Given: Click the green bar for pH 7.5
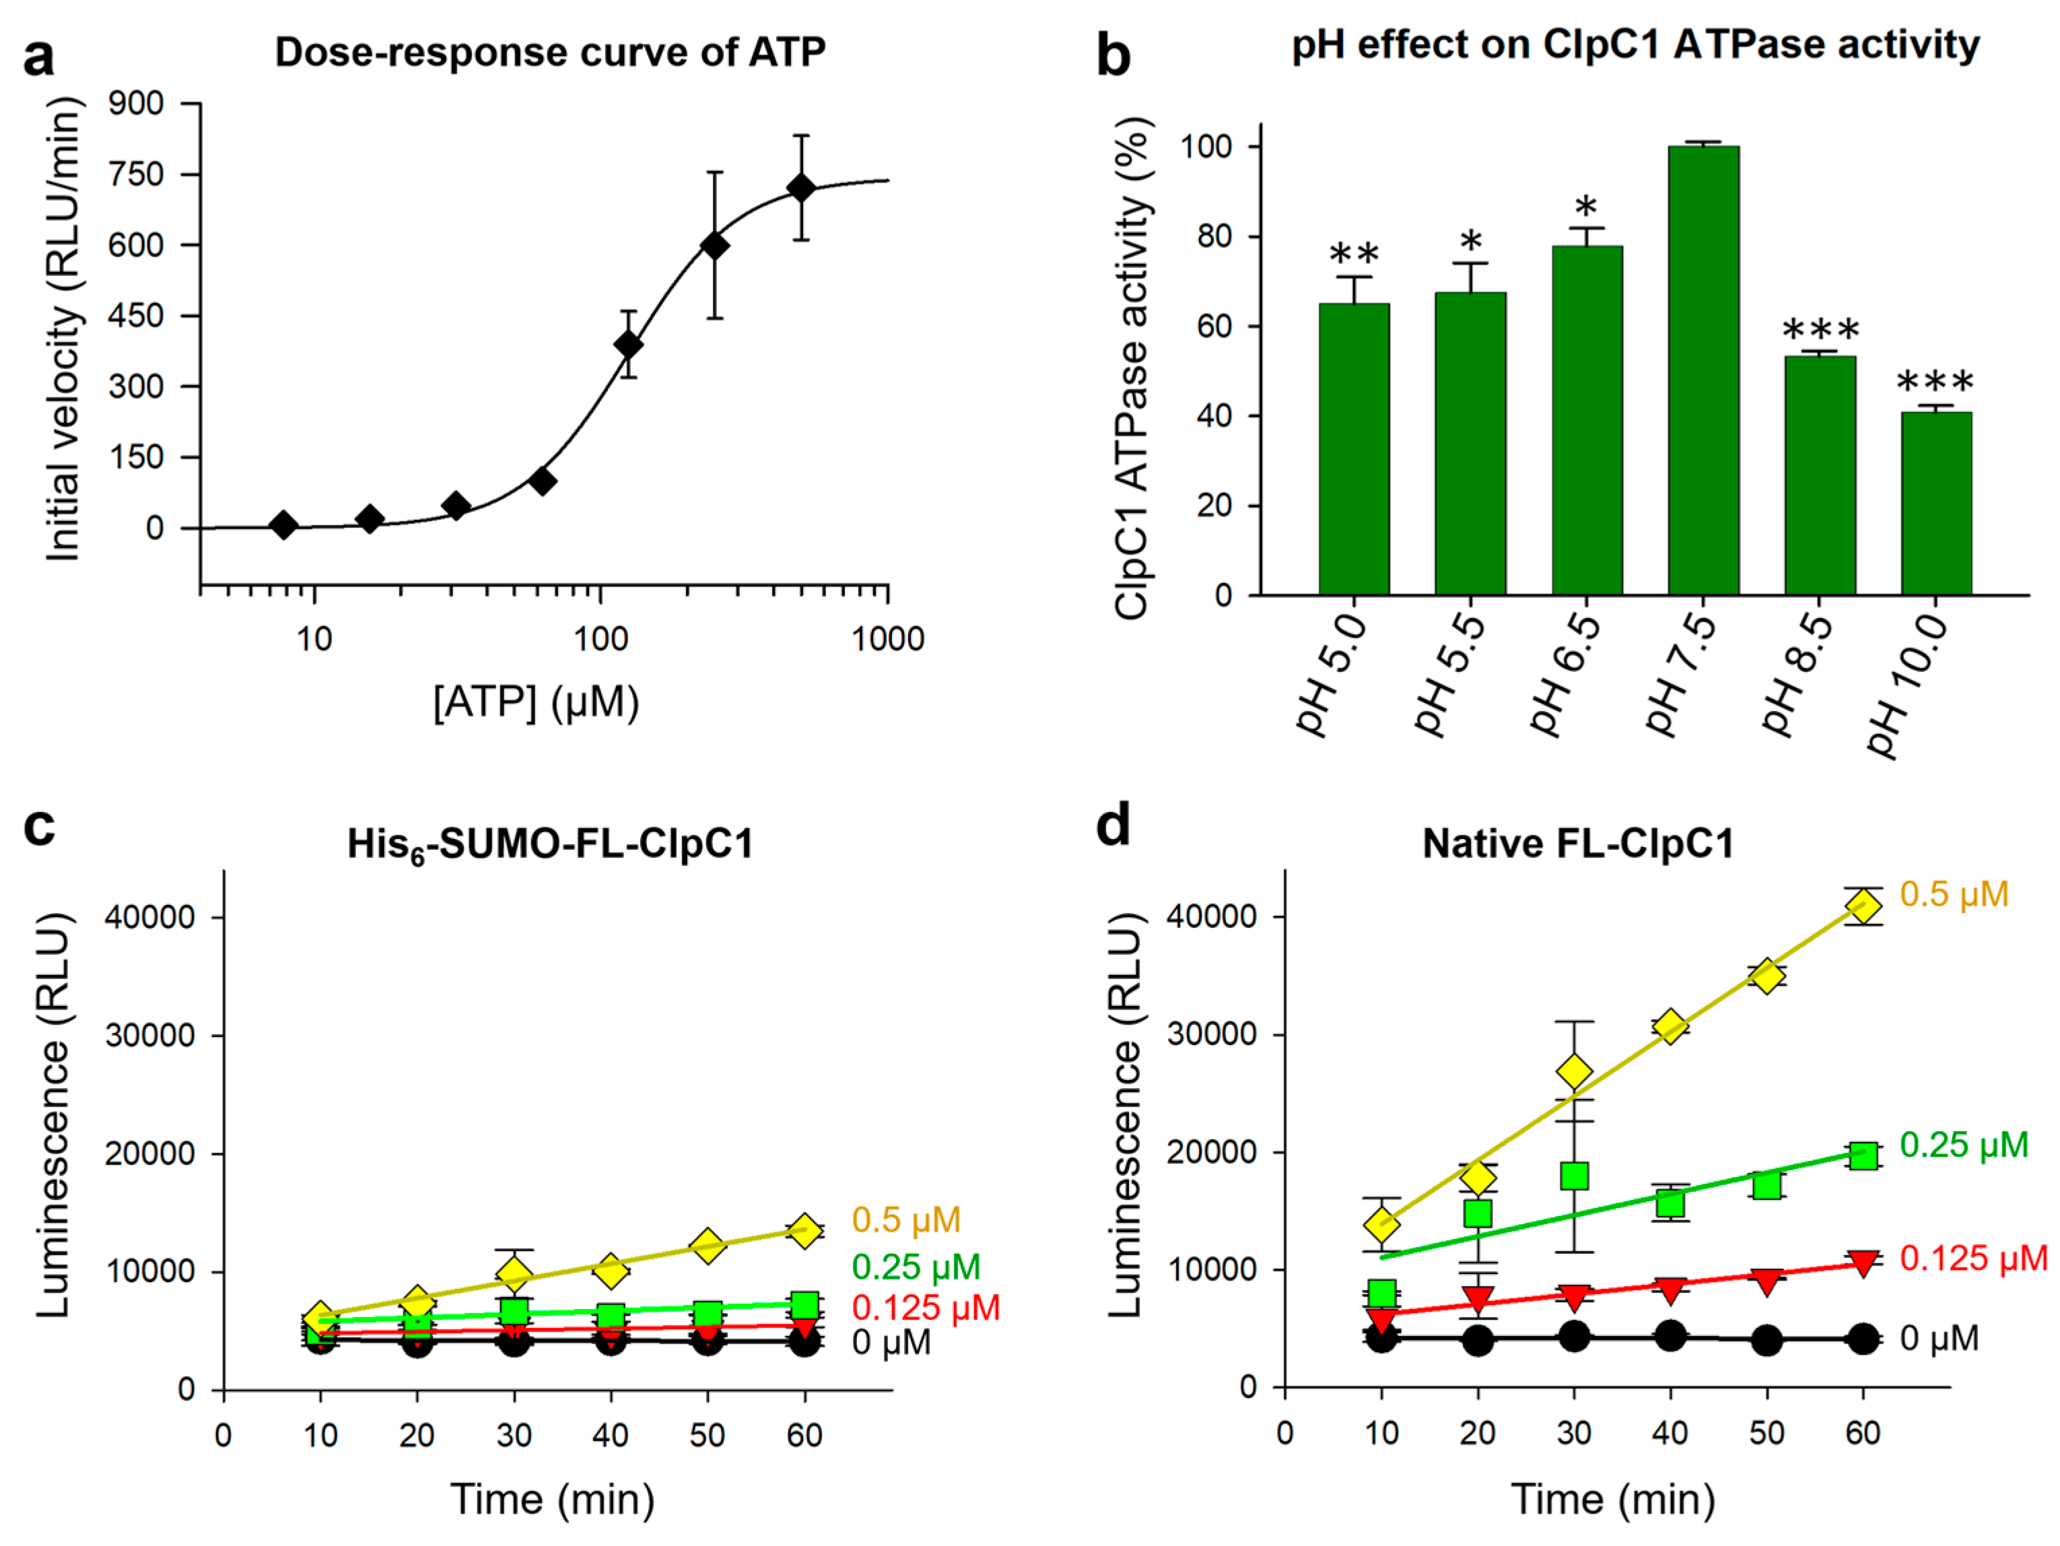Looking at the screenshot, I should pyautogui.click(x=1703, y=372).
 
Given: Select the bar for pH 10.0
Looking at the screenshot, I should pyautogui.click(x=1936, y=504).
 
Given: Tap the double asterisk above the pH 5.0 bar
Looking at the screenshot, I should pyautogui.click(x=1354, y=255).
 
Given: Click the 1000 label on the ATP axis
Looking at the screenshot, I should pyautogui.click(x=887, y=639).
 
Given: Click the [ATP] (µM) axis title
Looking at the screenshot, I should pyautogui.click(x=537, y=702).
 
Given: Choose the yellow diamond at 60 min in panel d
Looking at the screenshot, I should pyautogui.click(x=1863, y=906).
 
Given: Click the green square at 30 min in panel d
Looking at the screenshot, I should pyautogui.click(x=1574, y=1176).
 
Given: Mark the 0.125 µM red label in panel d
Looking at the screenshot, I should pyautogui.click(x=1972, y=1258).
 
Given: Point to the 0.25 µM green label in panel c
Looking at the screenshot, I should pyautogui.click(x=916, y=1267).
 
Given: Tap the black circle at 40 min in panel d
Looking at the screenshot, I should pyautogui.click(x=1671, y=1335).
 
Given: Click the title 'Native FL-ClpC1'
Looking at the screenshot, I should pyautogui.click(x=1577, y=844).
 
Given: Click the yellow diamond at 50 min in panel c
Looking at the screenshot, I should pyautogui.click(x=708, y=1245).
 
